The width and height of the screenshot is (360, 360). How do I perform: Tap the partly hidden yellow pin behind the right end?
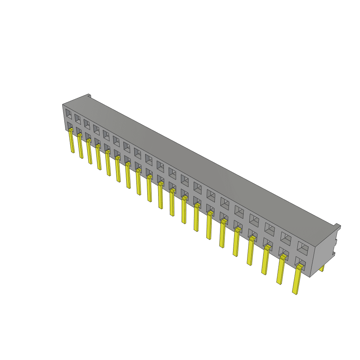click(x=322, y=269)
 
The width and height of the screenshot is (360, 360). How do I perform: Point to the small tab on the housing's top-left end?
click(x=89, y=96)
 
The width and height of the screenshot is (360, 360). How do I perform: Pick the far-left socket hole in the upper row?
click(x=69, y=114)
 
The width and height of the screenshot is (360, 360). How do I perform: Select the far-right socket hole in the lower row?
click(x=300, y=262)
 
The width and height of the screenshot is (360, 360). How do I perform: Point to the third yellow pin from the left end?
click(x=90, y=151)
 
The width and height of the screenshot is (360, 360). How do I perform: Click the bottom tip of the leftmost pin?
click(x=73, y=152)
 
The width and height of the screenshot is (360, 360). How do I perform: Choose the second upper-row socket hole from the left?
click(x=77, y=118)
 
